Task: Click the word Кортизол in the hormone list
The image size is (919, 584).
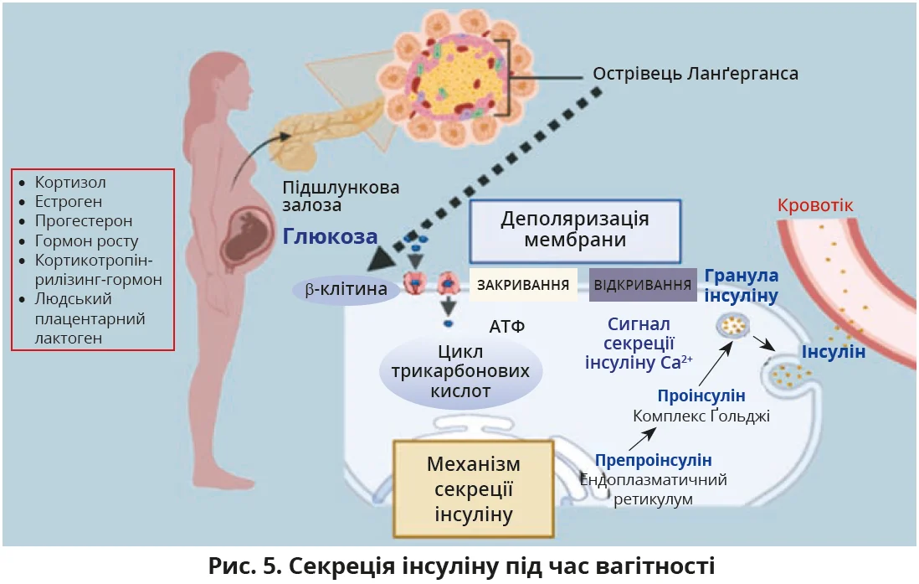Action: click(x=70, y=182)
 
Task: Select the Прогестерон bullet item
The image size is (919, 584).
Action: click(x=84, y=221)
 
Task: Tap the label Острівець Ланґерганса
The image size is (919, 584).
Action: click(x=696, y=74)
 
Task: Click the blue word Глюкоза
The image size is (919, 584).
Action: click(x=331, y=236)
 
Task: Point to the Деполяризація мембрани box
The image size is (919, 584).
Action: click(x=574, y=229)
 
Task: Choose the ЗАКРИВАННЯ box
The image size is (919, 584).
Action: click(x=523, y=284)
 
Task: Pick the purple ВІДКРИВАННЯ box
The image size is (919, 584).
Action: click(x=643, y=284)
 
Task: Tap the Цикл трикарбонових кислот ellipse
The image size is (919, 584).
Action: click(x=461, y=371)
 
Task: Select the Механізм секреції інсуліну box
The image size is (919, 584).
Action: click(x=474, y=488)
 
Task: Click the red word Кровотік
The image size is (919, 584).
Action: click(x=815, y=205)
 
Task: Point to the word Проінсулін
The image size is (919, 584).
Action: click(x=701, y=395)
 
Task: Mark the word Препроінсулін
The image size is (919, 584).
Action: click(x=654, y=460)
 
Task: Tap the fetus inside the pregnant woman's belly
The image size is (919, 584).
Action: click(x=249, y=239)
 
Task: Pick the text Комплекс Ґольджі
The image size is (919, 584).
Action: click(x=701, y=416)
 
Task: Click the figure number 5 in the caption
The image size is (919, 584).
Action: click(x=269, y=566)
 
